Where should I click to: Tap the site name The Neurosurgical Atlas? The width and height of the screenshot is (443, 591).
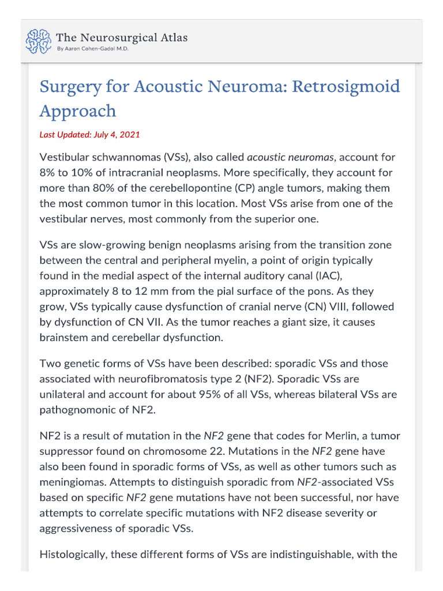coord(121,37)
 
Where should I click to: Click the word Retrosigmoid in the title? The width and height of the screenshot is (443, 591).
coord(346,87)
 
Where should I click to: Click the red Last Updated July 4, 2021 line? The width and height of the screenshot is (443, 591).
coord(89,134)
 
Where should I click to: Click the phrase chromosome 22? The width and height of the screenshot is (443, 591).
coord(206,450)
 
